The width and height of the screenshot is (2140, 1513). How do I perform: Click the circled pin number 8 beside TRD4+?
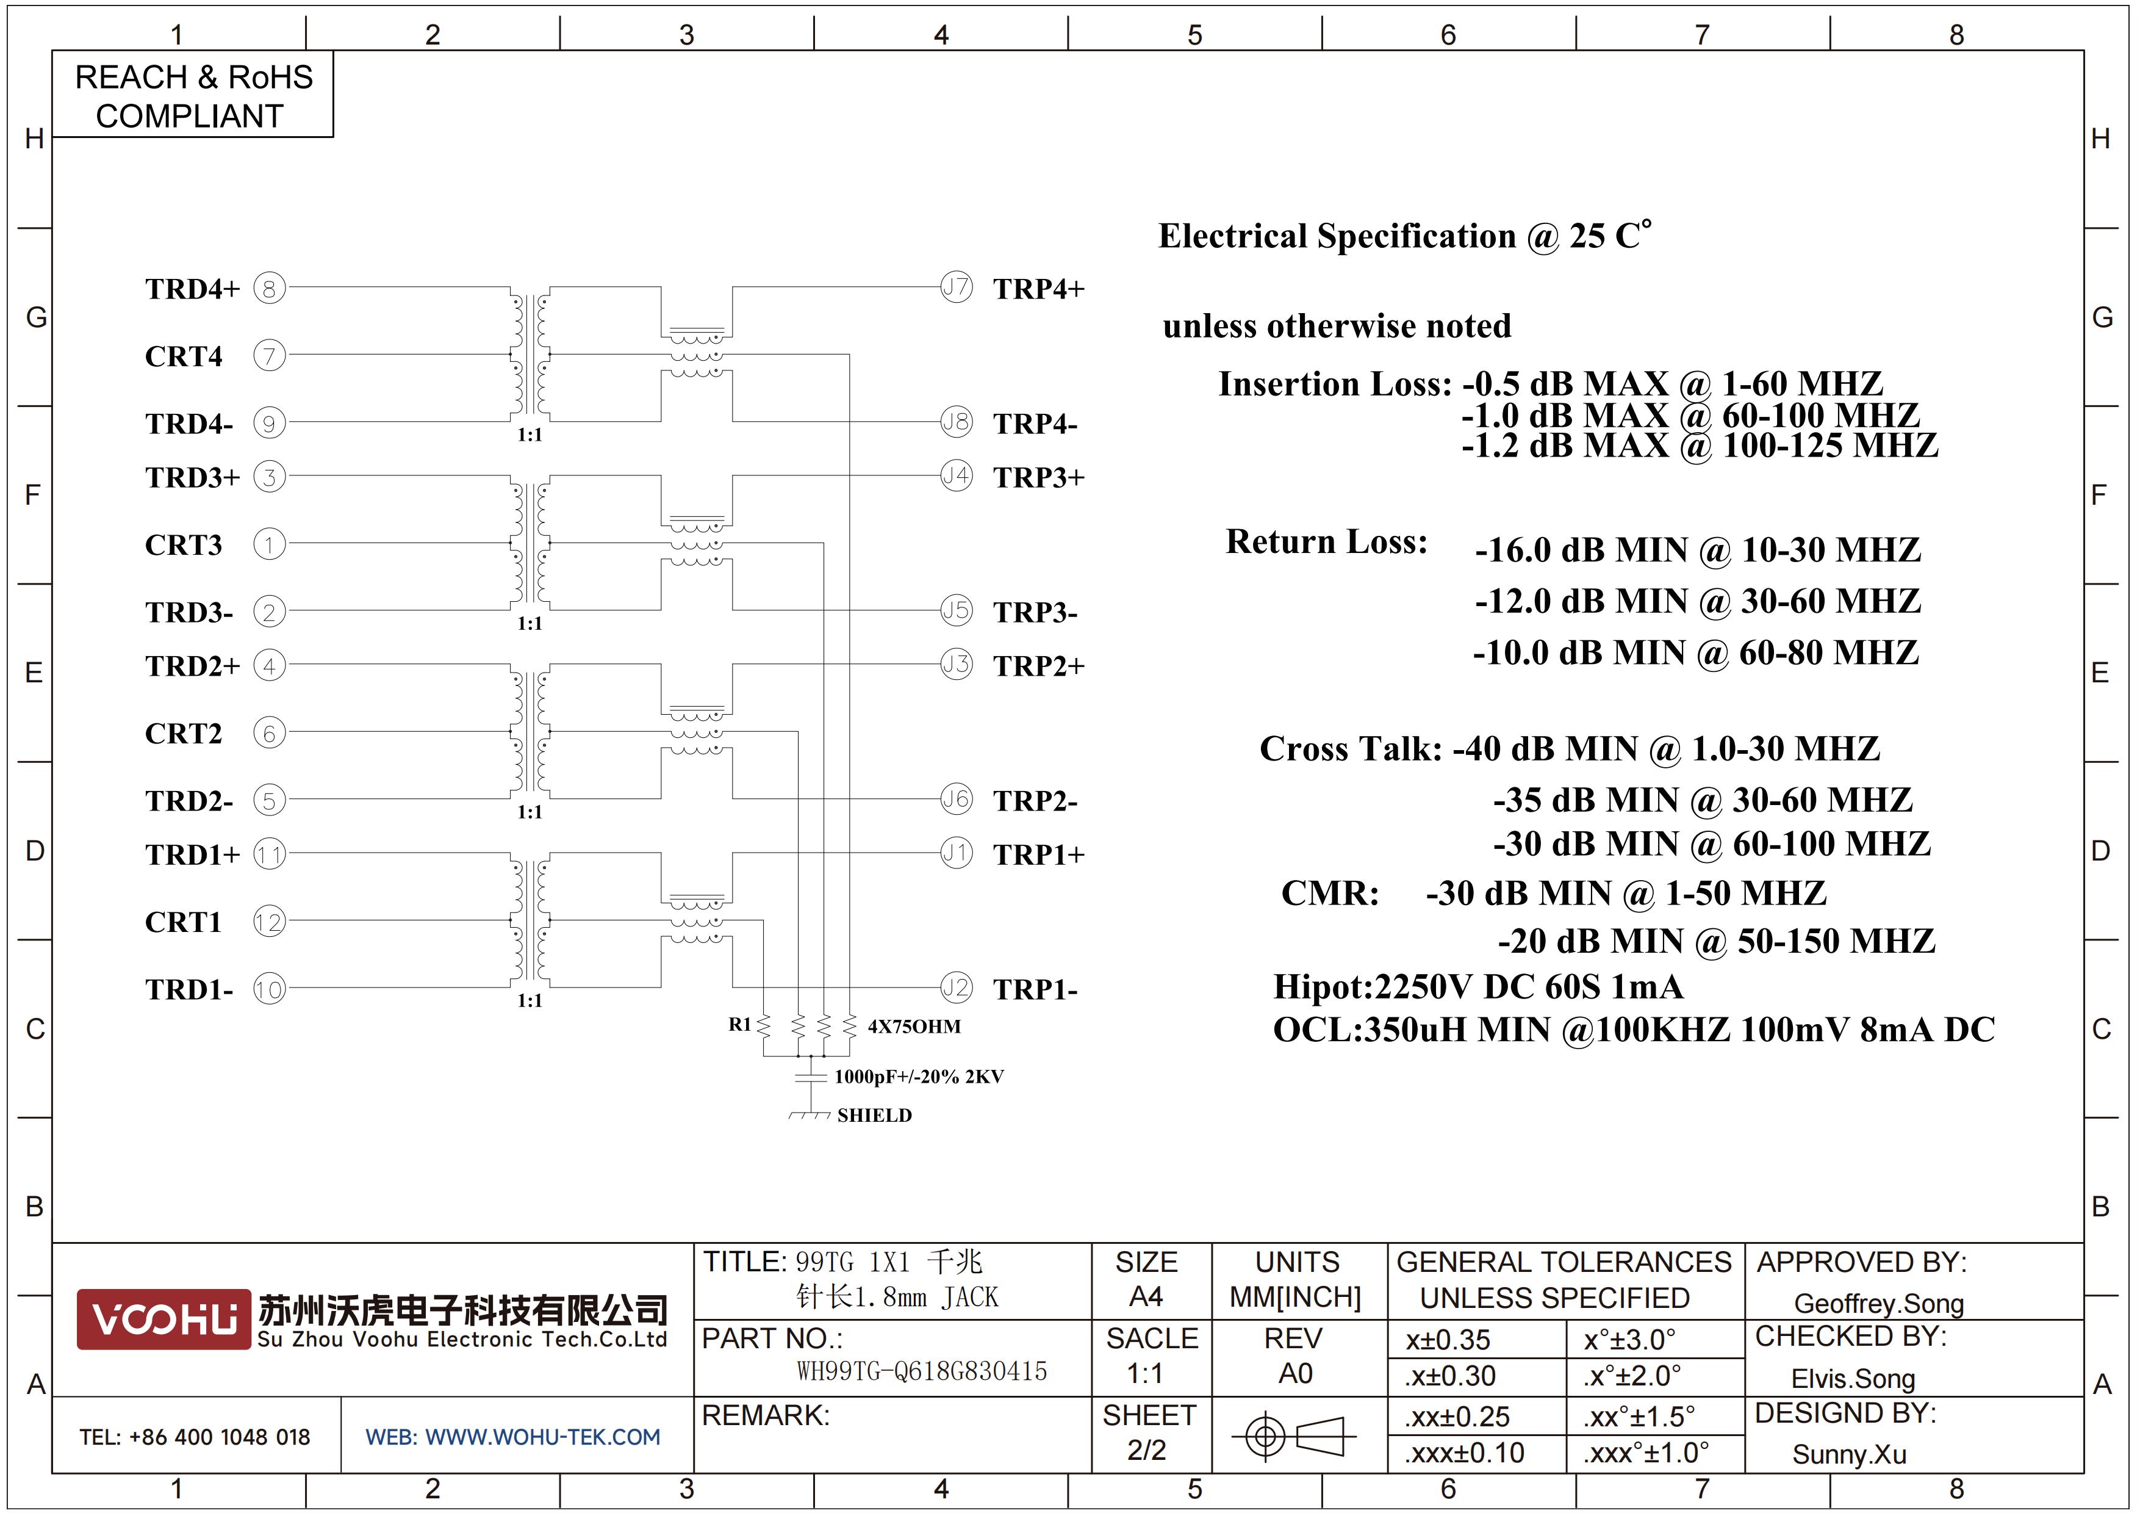tap(270, 288)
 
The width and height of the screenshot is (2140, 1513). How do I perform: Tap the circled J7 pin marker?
tap(957, 286)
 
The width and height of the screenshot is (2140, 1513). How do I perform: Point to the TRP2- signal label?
tap(1035, 801)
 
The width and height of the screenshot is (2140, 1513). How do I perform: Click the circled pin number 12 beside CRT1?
tap(270, 922)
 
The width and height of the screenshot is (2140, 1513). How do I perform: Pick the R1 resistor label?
tap(739, 1025)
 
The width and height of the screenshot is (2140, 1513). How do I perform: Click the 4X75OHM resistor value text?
tap(914, 1027)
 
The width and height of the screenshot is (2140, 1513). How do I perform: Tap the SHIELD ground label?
tap(874, 1115)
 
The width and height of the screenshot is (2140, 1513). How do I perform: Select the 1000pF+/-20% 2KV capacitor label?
tap(919, 1077)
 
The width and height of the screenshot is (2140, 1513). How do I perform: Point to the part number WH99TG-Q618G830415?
tap(922, 1371)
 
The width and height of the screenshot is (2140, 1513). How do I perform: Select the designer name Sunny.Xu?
tap(1849, 1454)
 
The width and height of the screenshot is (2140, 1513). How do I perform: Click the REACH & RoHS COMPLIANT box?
tap(193, 95)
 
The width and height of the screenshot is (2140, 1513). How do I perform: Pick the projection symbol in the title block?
tap(1294, 1435)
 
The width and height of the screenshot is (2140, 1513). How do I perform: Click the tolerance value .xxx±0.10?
tap(1464, 1453)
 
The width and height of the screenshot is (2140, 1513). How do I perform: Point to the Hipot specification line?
tap(1478, 986)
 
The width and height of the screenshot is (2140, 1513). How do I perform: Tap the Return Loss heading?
tap(1326, 541)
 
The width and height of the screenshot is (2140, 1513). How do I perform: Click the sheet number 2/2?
tap(1146, 1451)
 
